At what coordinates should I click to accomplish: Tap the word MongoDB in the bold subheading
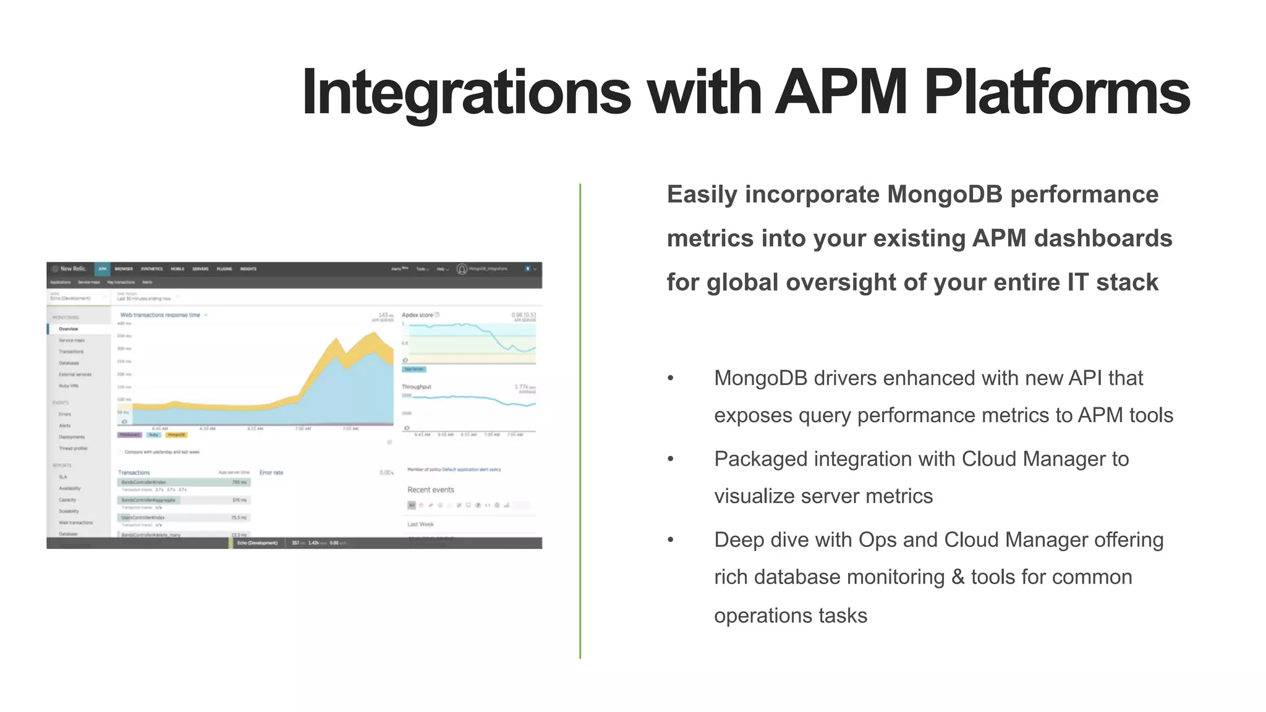click(x=945, y=195)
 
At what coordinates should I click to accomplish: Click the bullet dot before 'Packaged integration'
click(x=671, y=459)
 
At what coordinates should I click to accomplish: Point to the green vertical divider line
click(x=580, y=420)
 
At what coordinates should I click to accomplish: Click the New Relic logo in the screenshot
click(x=70, y=269)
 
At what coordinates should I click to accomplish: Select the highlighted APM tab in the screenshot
click(x=103, y=269)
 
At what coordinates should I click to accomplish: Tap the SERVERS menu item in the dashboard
click(x=200, y=269)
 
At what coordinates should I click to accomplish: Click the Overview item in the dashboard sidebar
click(x=69, y=329)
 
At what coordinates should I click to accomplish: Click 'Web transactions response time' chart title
click(x=160, y=315)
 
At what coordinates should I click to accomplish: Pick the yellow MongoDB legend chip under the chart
click(x=177, y=435)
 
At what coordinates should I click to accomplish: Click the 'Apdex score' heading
click(x=418, y=315)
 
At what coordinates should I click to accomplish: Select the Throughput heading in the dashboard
click(x=417, y=387)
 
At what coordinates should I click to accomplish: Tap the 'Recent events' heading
click(x=430, y=489)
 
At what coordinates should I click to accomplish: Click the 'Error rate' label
click(x=271, y=473)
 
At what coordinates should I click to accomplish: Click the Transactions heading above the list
click(x=134, y=473)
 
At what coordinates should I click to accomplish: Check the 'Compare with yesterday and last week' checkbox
click(x=121, y=452)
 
